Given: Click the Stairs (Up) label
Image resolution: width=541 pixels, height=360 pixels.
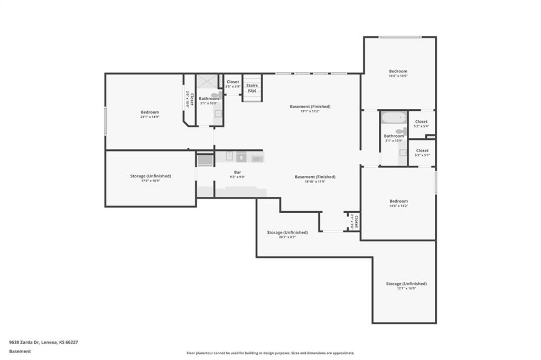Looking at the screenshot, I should pyautogui.click(x=252, y=88).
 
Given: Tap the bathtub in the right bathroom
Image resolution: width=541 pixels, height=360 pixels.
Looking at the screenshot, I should pyautogui.click(x=394, y=118).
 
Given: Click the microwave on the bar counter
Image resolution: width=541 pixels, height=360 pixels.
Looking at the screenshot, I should pyautogui.click(x=257, y=158).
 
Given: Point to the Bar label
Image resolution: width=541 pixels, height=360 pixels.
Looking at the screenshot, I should pyautogui.click(x=238, y=172).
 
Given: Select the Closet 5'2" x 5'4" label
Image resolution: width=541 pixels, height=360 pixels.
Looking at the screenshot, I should pyautogui.click(x=421, y=124).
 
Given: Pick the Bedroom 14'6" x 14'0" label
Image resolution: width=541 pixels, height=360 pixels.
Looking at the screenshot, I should pyautogui.click(x=398, y=73).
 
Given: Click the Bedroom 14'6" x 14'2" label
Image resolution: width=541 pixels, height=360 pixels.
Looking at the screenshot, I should pyautogui.click(x=398, y=203).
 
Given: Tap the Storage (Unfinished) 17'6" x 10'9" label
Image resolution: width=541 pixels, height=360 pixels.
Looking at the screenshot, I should pyautogui.click(x=151, y=178).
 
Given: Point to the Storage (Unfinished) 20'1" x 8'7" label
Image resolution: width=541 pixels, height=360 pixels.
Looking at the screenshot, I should pyautogui.click(x=287, y=234).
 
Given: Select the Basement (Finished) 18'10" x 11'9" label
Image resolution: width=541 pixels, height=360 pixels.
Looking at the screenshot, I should pyautogui.click(x=315, y=179).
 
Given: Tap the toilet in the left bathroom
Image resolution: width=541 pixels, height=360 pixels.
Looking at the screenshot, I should pyautogui.click(x=215, y=95).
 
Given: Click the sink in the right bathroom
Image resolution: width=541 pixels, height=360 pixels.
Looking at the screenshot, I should pyautogui.click(x=403, y=153).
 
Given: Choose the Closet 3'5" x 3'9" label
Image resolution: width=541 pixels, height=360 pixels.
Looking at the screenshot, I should pyautogui.click(x=232, y=84).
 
